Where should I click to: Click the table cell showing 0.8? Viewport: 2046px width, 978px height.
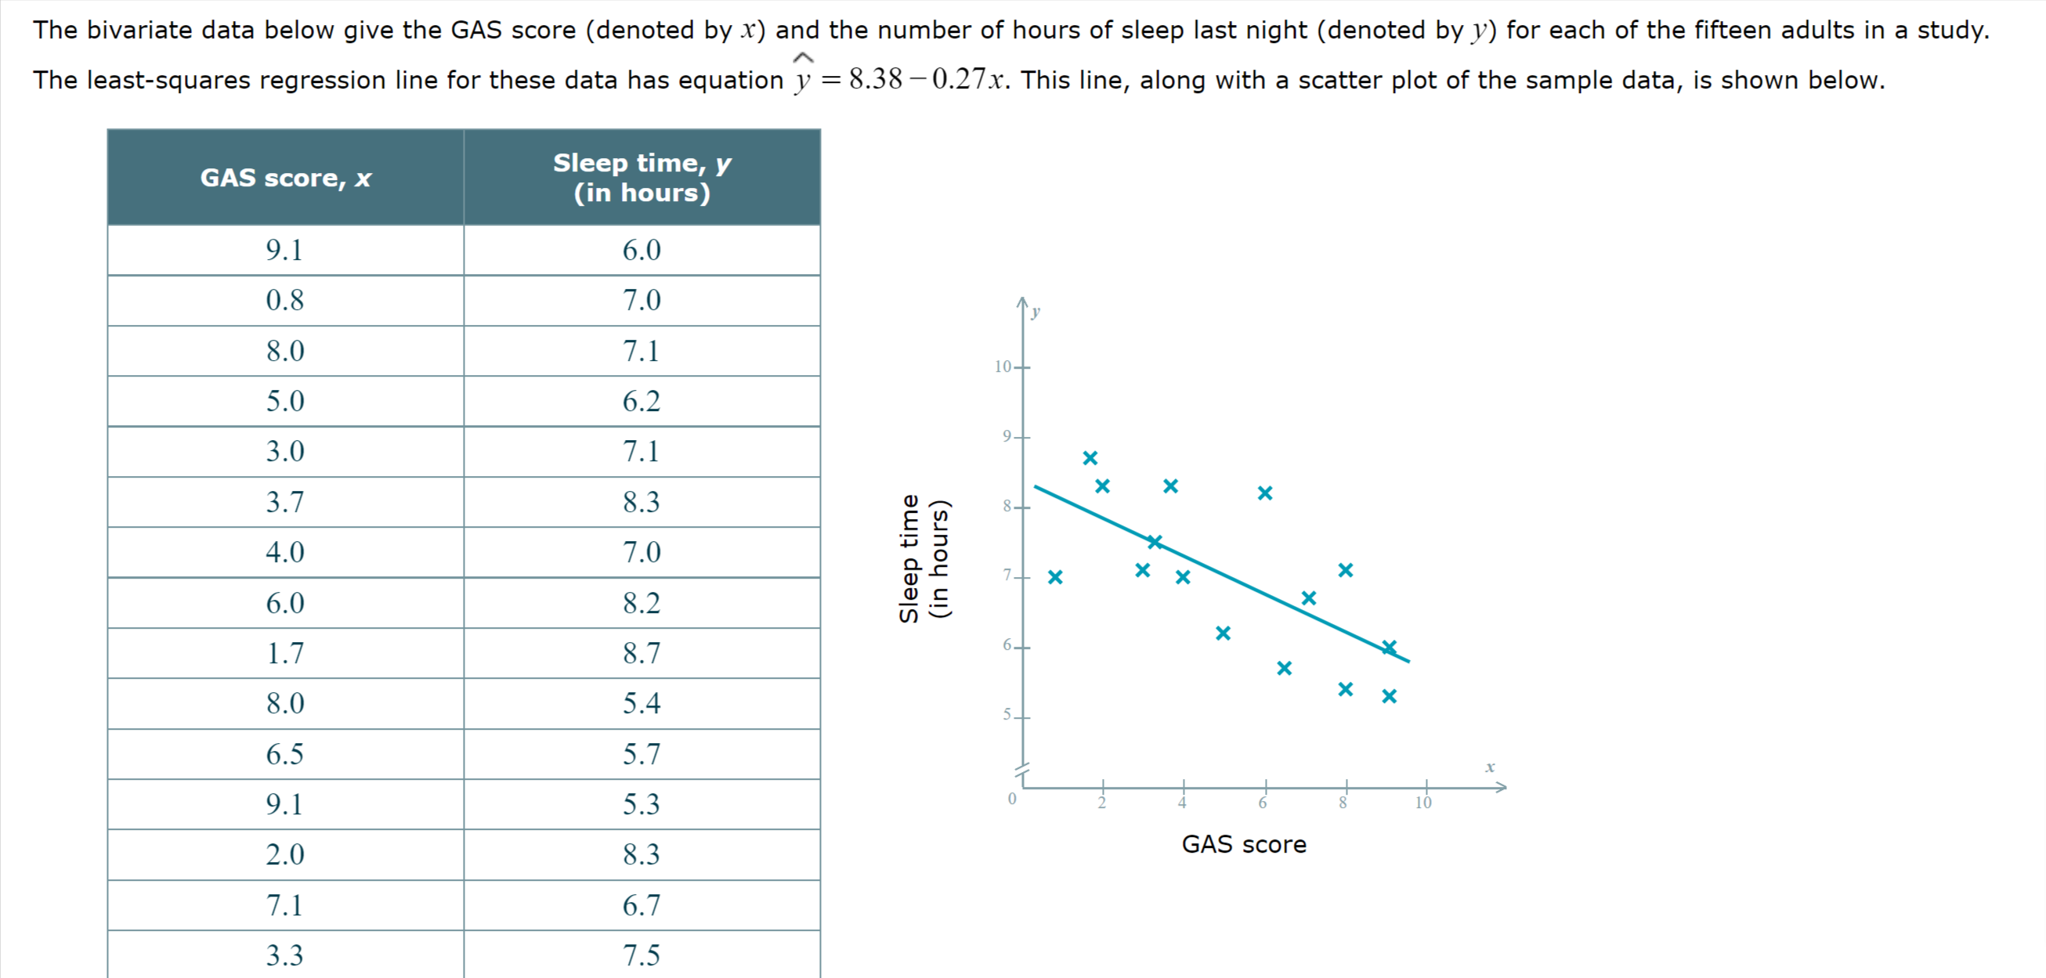pos(284,300)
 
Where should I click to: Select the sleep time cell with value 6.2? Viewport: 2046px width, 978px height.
pos(641,401)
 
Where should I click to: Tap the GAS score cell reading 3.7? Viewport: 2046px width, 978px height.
pos(284,502)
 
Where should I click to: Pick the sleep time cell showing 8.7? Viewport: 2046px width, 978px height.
pos(641,652)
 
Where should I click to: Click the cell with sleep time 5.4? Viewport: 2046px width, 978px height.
pos(641,703)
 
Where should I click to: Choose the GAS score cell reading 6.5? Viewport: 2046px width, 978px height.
pos(284,753)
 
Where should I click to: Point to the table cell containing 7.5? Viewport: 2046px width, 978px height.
pos(641,955)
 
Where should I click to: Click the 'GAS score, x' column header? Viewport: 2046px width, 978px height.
pos(285,177)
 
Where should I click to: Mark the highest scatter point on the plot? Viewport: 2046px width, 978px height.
pos(1090,458)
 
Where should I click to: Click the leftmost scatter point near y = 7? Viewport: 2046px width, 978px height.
pos(1055,577)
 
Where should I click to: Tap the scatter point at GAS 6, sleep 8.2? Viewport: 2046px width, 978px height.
pos(1265,493)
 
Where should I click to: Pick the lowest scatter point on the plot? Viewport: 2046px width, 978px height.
pos(1389,696)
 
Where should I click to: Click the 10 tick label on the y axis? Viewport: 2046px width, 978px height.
pos(1003,366)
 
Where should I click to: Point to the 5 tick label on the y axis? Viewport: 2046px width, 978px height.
pos(1007,714)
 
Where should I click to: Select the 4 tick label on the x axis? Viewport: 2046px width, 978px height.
pos(1183,803)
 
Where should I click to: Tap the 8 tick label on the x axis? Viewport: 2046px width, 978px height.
pos(1343,803)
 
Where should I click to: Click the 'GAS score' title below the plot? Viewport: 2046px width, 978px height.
pos(1244,844)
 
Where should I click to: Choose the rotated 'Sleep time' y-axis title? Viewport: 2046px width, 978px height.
pos(910,558)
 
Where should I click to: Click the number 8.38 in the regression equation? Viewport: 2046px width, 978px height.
pos(875,79)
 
